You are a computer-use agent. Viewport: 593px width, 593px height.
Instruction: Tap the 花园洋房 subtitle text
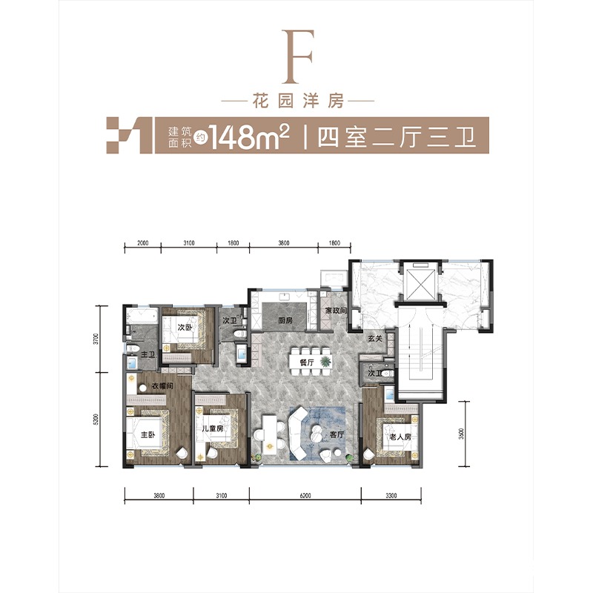coord(296,102)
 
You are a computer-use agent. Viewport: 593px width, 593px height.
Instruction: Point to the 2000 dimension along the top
coord(143,243)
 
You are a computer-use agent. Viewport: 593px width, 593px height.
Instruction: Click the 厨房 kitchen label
coord(285,321)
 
